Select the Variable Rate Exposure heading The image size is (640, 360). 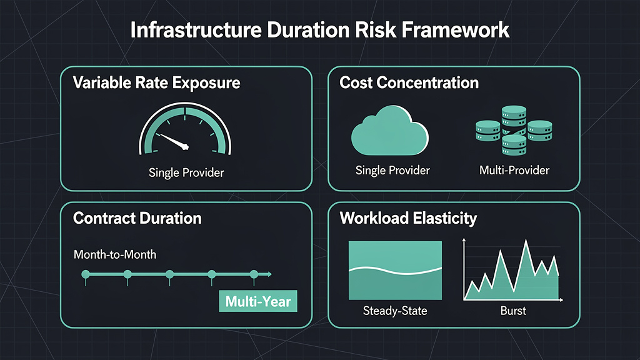click(156, 82)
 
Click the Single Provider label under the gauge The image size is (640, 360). click(186, 172)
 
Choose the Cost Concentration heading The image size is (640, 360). click(409, 82)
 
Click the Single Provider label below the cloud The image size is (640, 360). click(392, 170)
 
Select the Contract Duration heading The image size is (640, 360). click(137, 218)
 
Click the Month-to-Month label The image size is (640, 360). click(114, 255)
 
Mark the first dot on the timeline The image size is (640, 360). click(86, 274)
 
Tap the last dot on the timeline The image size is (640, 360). click(254, 274)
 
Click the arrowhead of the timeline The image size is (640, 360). click(269, 274)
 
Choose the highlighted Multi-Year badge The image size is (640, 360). click(258, 301)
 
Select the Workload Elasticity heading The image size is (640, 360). click(408, 218)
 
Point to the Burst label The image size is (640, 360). click(513, 311)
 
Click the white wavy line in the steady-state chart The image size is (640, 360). click(394, 270)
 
